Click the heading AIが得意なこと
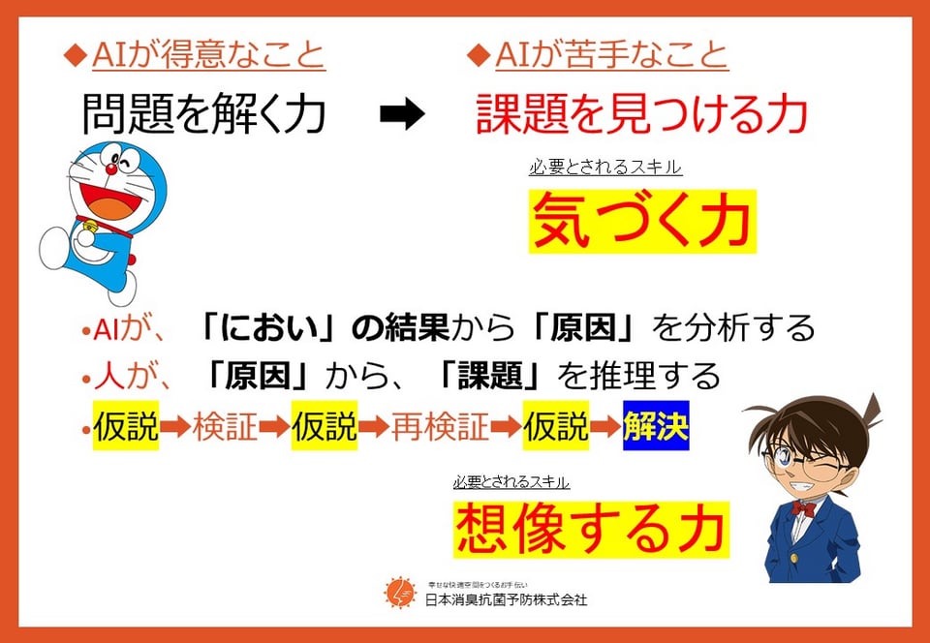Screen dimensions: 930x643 tap(209, 56)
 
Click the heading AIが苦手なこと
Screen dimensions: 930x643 tap(611, 56)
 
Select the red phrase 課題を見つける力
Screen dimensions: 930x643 tap(641, 115)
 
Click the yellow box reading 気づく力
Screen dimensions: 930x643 tap(642, 222)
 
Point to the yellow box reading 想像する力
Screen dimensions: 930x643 tap(591, 529)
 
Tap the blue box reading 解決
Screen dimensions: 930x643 tap(656, 425)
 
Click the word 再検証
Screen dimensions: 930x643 tap(440, 426)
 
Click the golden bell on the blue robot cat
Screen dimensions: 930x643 tap(91, 226)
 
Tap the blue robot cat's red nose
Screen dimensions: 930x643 tap(110, 168)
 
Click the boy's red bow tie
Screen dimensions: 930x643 tap(803, 508)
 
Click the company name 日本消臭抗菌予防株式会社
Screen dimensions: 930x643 tap(507, 599)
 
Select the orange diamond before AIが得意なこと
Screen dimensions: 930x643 tap(75, 56)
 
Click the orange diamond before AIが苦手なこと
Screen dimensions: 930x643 tap(478, 56)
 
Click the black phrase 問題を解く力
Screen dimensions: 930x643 tap(203, 115)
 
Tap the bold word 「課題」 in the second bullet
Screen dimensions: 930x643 tap(493, 377)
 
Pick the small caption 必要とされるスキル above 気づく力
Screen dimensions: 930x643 tap(605, 168)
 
